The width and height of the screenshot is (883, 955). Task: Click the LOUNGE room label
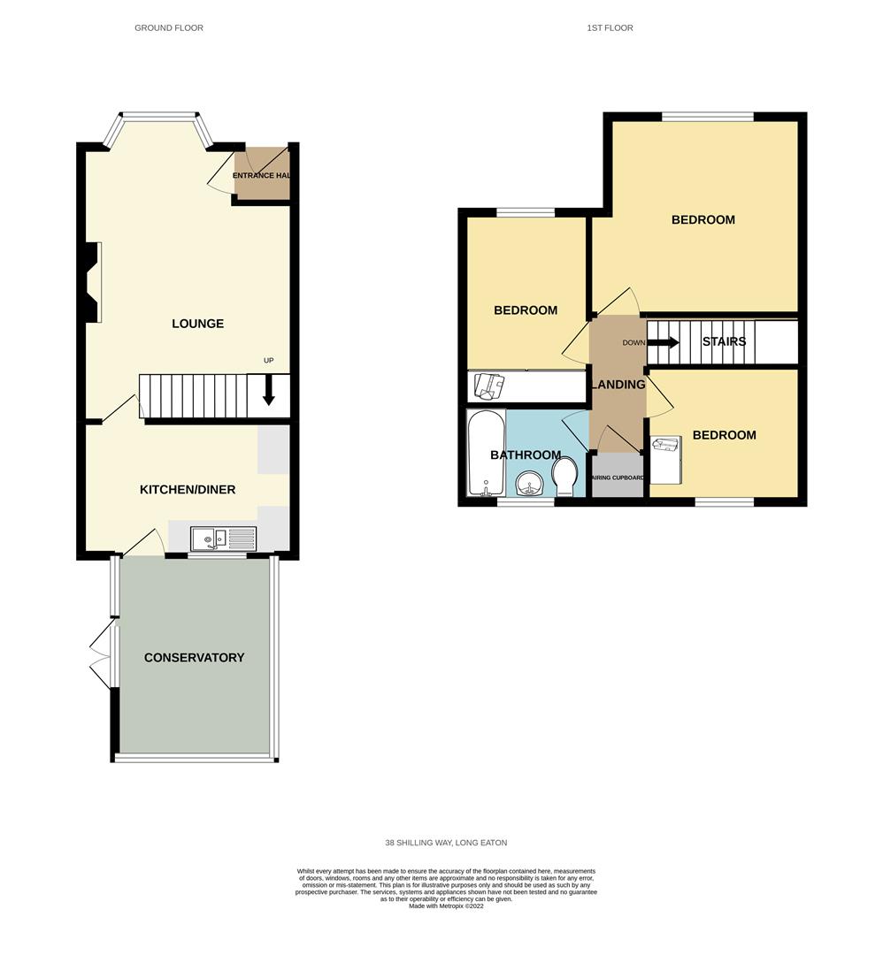[x=197, y=324]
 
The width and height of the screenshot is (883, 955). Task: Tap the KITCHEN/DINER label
[x=188, y=489]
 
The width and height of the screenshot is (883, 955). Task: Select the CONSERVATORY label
[x=194, y=657]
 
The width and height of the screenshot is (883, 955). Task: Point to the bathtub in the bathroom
[x=485, y=453]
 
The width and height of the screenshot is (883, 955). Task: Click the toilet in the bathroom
[x=563, y=480]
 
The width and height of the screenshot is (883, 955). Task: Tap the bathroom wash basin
[x=528, y=484]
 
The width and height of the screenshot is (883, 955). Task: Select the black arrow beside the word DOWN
[x=666, y=342]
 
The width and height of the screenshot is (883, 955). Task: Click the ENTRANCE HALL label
[x=261, y=176]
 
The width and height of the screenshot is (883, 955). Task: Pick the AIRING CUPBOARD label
[x=618, y=478]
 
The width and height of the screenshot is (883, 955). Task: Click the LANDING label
[x=618, y=385]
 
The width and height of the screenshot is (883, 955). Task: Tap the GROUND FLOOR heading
[x=169, y=28]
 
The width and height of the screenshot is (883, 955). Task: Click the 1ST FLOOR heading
[x=610, y=28]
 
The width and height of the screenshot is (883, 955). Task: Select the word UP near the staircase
[x=269, y=361]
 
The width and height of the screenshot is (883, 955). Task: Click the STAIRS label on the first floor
[x=724, y=341]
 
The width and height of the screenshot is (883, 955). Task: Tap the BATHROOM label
[x=526, y=455]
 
